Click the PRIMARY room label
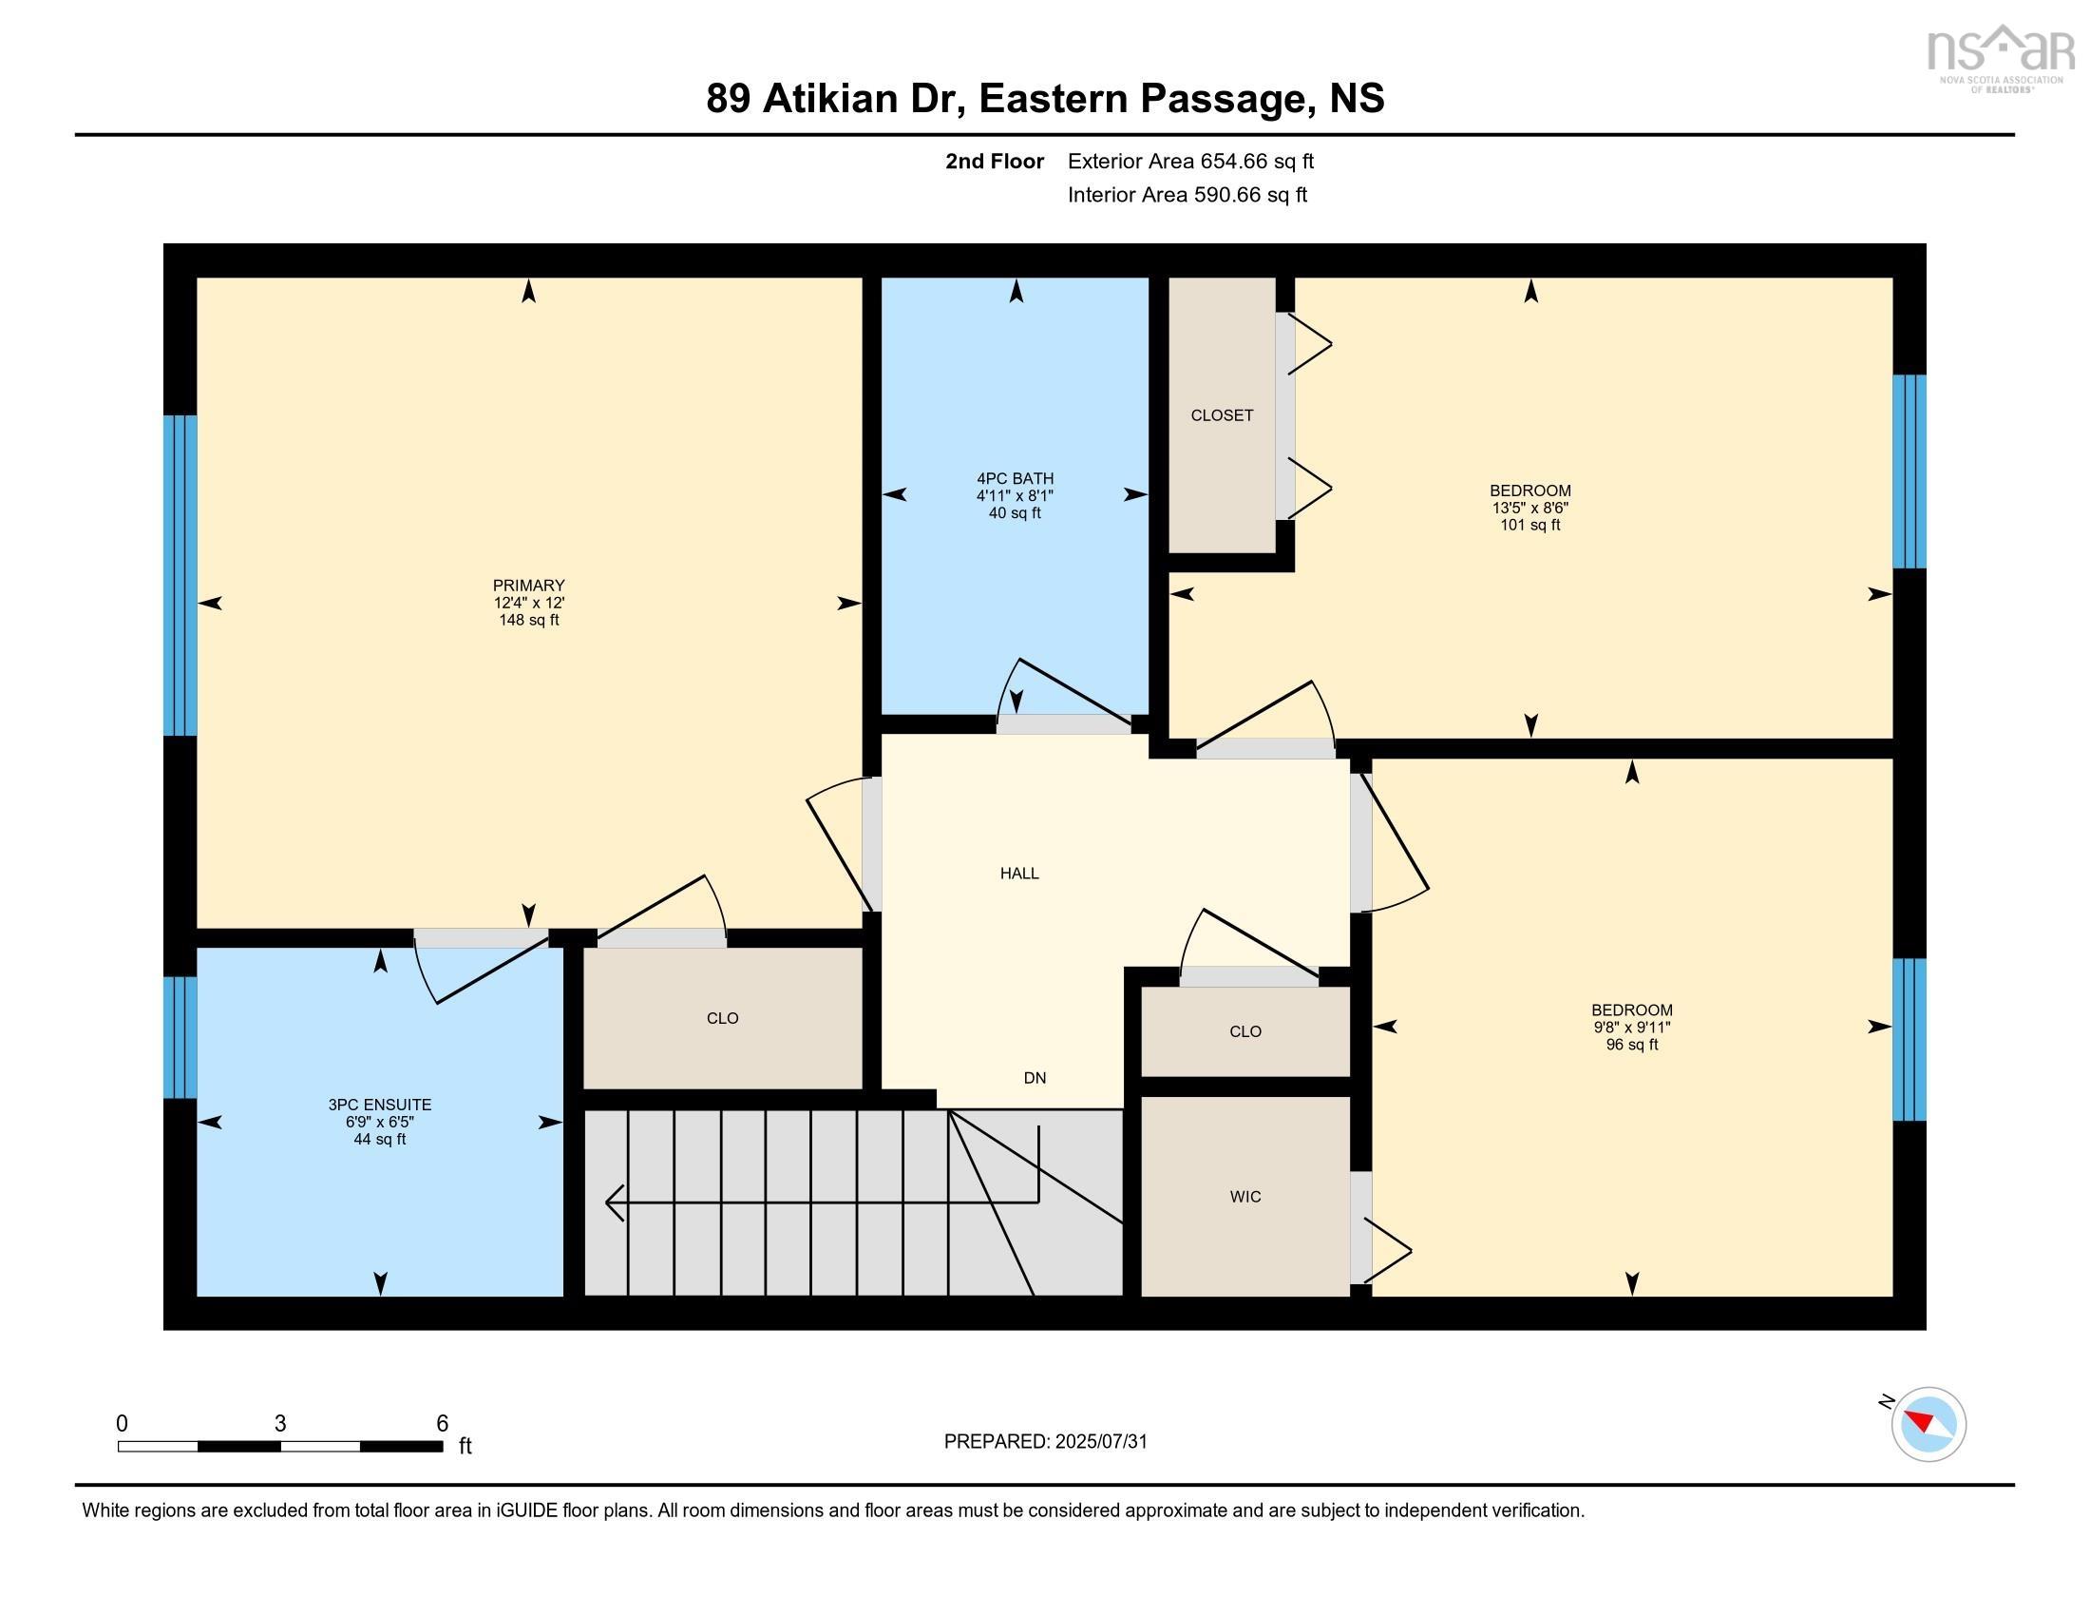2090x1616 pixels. [x=528, y=585]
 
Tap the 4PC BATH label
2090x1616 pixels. [x=1015, y=479]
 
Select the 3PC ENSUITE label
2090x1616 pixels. [x=380, y=1105]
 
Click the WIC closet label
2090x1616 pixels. [x=1245, y=1197]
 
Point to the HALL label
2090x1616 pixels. [x=1019, y=873]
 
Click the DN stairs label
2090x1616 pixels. [x=1035, y=1078]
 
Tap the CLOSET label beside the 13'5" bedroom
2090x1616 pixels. [x=1222, y=415]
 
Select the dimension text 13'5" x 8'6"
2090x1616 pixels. [x=1529, y=509]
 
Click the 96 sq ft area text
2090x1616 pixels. [x=1631, y=1045]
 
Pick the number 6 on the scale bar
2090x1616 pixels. [x=442, y=1424]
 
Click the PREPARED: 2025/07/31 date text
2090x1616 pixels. [x=1045, y=1442]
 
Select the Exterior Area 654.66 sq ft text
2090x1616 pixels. [x=1190, y=161]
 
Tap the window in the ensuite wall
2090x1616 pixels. [x=180, y=1037]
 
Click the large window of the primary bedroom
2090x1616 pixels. [x=180, y=574]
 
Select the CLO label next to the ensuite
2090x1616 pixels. [x=723, y=1019]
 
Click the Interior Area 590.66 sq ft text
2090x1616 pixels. [x=1187, y=195]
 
